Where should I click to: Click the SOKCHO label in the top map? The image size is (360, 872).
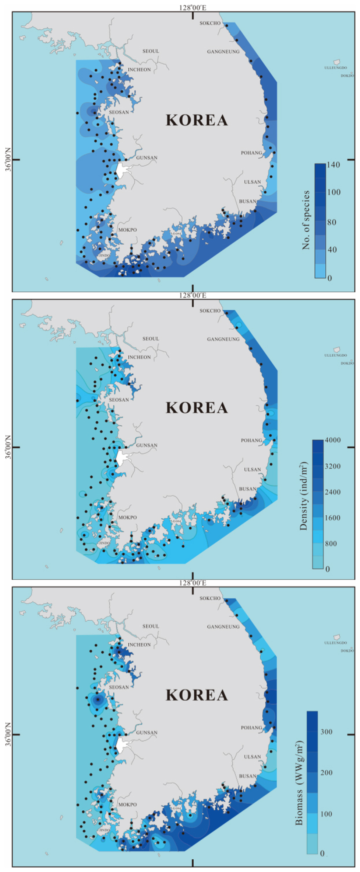pos(210,23)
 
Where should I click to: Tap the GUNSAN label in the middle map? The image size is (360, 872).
pos(147,445)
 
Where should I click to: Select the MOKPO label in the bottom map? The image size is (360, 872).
pos(127,805)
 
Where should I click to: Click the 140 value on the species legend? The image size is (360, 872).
pos(333,165)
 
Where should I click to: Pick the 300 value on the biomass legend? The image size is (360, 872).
pos(326,731)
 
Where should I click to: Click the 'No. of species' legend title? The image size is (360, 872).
pos(306,220)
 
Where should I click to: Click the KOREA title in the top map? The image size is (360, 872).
pos(197,120)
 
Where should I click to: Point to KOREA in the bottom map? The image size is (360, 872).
pos(197,695)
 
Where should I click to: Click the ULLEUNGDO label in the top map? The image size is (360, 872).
pos(335,68)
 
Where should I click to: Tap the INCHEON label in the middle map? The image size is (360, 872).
pos(139,357)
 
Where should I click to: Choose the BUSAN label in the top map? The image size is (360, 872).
pos(248,201)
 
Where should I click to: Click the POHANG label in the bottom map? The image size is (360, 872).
pos(251,728)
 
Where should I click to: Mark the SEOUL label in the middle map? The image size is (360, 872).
pos(151,339)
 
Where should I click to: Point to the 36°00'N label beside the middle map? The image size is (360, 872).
pos(7,447)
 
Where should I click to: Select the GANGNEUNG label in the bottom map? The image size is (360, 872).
pos(223,626)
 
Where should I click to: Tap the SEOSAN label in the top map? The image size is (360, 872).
pos(119,112)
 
